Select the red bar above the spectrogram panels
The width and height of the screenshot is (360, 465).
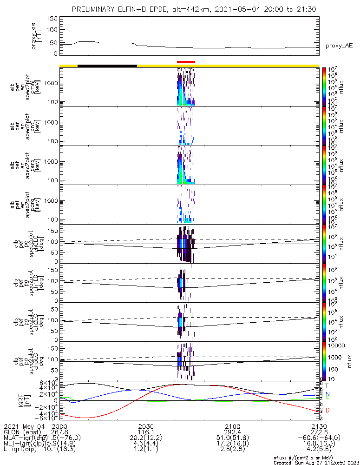186,62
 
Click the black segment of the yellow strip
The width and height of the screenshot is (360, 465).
107,66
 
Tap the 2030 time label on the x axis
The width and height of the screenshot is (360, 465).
146,426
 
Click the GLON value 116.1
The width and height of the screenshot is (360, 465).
146,432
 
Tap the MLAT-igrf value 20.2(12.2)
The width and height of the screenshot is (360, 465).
146,438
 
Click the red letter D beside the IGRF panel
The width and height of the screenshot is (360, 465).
327,410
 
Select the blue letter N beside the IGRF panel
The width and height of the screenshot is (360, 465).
327,393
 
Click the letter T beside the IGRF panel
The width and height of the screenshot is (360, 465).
327,385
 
